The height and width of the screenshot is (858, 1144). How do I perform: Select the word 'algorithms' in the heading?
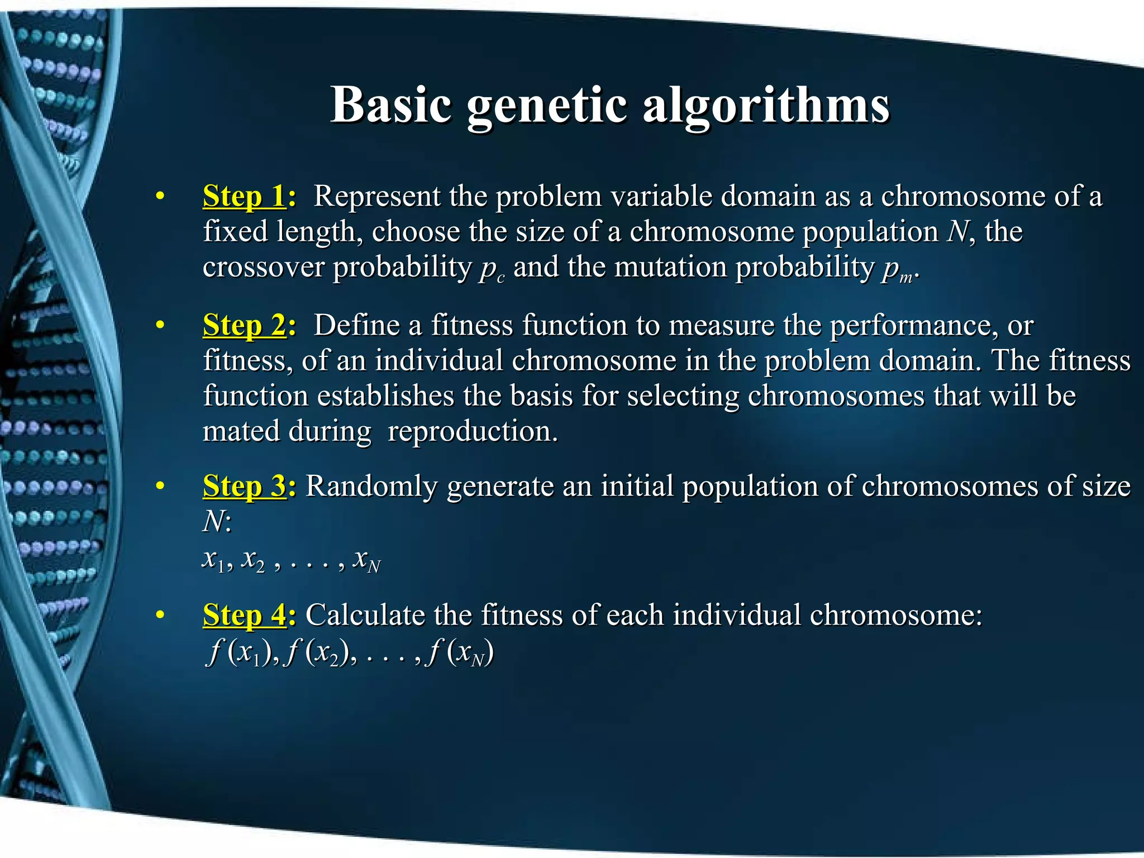(766, 106)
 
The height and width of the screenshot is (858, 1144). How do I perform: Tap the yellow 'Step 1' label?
(244, 197)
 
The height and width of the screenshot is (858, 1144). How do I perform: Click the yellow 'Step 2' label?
(244, 326)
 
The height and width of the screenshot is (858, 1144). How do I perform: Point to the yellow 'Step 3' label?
(244, 487)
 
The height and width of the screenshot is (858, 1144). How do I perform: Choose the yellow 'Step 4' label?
(244, 616)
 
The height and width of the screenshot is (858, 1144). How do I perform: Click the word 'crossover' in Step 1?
(263, 267)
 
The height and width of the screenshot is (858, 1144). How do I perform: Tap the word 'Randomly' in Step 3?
(371, 487)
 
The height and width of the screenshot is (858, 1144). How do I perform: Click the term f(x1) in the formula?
(240, 652)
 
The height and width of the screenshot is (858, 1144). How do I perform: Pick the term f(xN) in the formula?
(459, 652)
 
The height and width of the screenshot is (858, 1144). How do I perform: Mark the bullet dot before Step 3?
(160, 487)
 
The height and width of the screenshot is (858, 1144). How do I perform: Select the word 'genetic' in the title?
(547, 106)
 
